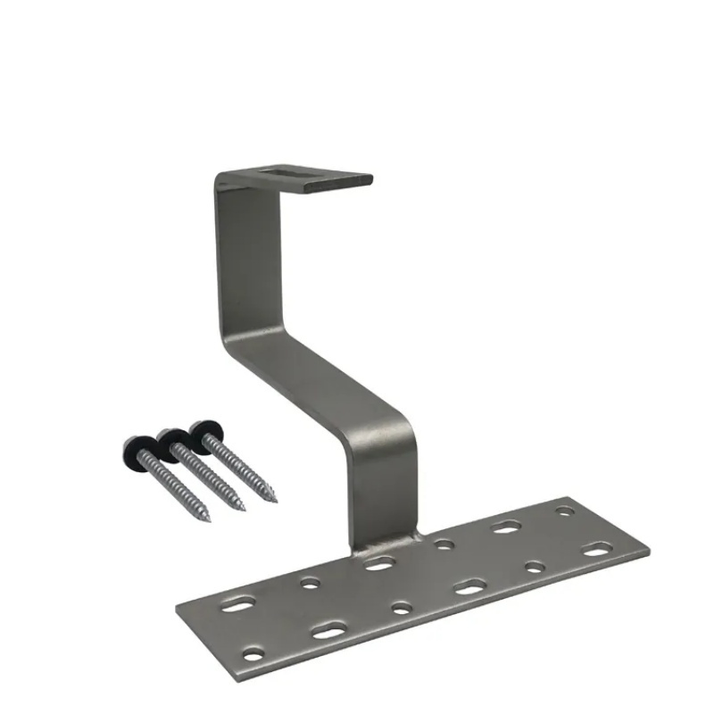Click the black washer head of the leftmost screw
[135, 444]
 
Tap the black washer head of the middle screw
[172, 437]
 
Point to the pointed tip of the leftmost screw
[208, 519]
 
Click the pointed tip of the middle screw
[242, 509]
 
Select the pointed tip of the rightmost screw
[274, 498]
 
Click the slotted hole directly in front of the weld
[380, 563]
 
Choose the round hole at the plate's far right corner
[565, 511]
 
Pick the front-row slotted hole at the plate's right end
[597, 550]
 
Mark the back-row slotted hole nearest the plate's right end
[507, 527]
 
